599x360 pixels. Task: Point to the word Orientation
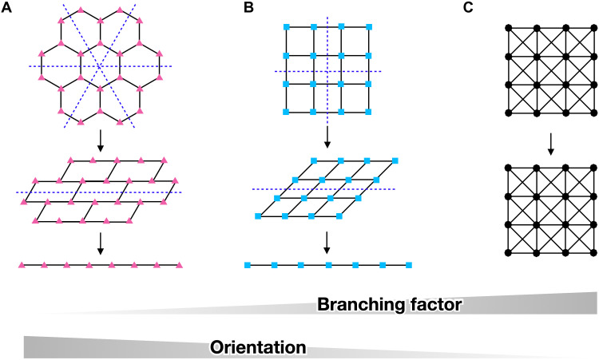258,347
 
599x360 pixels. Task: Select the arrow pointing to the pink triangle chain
99,242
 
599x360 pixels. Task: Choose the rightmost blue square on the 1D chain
409,264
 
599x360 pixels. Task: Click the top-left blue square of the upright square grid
286,28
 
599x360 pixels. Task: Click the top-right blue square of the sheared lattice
395,161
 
